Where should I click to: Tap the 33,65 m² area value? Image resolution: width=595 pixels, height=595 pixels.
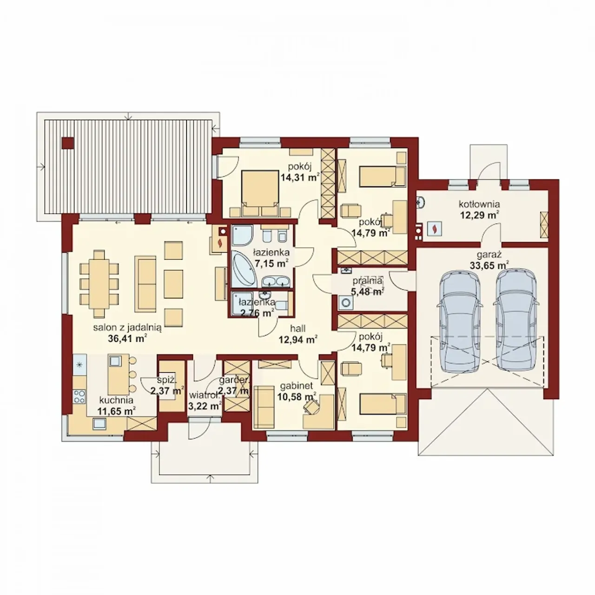(x=489, y=265)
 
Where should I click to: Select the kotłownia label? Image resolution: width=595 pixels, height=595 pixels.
(x=479, y=204)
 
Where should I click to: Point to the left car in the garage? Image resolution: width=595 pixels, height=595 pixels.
(x=460, y=321)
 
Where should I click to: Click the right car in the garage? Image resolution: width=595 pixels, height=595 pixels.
(x=516, y=321)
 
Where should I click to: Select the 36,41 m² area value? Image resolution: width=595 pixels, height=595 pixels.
(x=127, y=339)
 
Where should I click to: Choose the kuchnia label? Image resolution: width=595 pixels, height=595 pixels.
(x=116, y=400)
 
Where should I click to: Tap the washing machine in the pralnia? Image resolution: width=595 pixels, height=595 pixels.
(x=346, y=303)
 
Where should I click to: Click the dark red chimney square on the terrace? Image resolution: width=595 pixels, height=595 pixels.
(x=67, y=143)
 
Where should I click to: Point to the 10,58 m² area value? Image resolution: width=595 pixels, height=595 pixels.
(x=297, y=396)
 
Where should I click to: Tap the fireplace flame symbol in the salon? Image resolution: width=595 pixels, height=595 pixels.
(x=219, y=243)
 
